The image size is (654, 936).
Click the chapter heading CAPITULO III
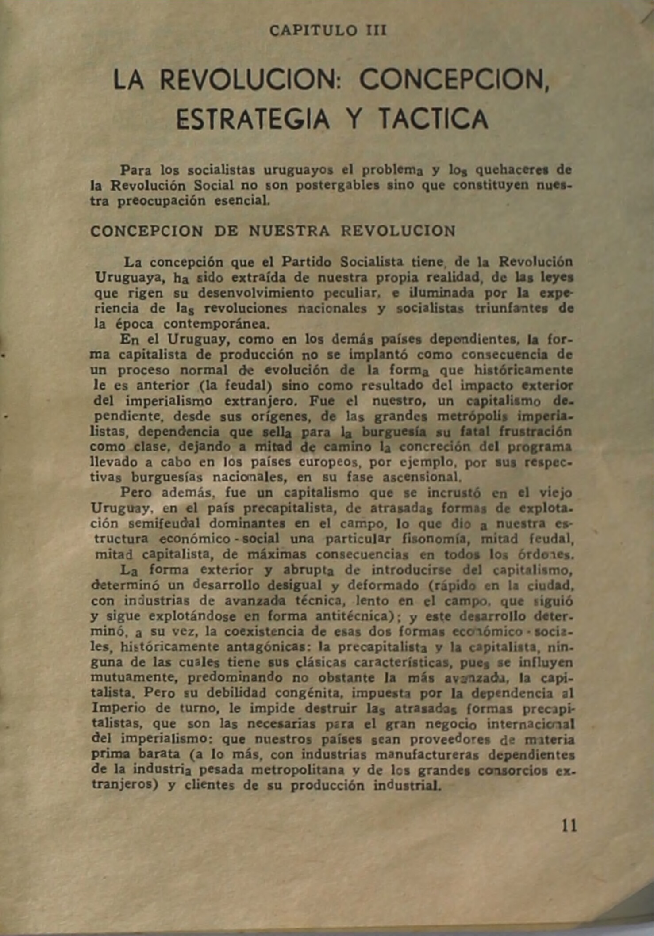coord(328,31)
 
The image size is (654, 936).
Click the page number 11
coord(569,825)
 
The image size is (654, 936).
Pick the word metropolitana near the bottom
coord(297,769)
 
